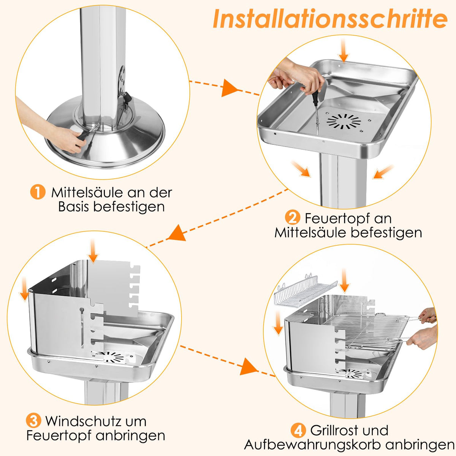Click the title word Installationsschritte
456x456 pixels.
[330, 19]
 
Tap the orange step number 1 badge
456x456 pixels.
[38, 192]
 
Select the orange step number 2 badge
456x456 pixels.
[293, 218]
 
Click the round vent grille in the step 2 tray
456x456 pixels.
[344, 122]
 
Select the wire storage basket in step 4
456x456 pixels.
[305, 291]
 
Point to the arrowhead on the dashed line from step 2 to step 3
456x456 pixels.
[177, 233]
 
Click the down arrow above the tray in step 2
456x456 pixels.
[343, 51]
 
